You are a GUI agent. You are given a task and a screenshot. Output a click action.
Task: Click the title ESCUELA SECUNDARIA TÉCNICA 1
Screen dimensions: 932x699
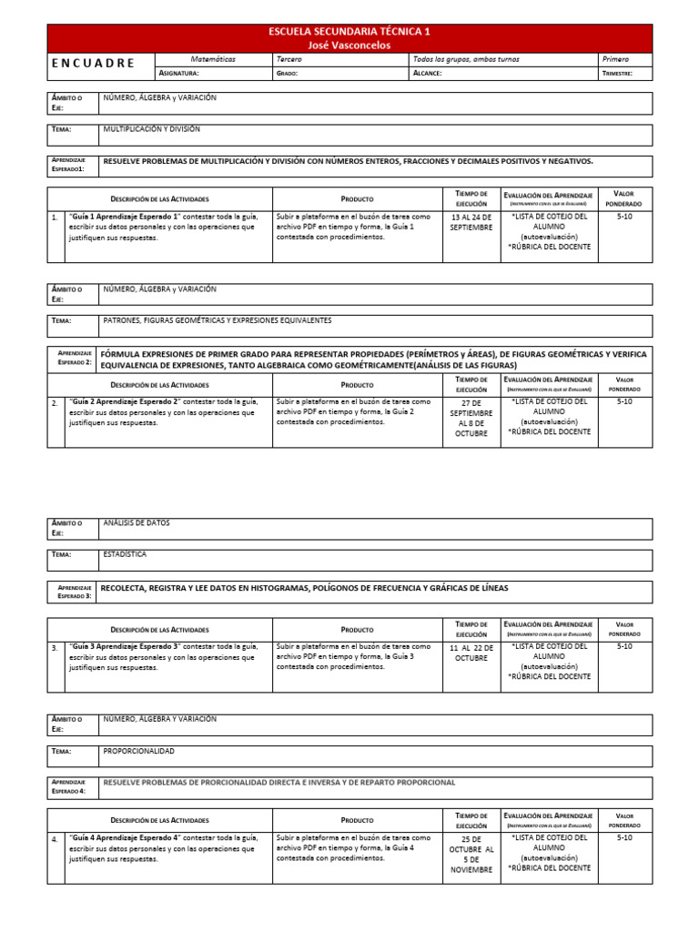[349, 31]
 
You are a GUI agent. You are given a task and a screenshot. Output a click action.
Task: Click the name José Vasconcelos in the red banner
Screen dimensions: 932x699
[349, 44]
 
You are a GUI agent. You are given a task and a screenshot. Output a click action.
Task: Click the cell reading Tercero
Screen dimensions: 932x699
[289, 59]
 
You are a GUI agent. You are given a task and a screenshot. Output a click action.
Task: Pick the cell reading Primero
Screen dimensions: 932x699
[615, 59]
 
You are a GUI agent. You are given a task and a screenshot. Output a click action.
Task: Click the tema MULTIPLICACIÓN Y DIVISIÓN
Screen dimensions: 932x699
[152, 130]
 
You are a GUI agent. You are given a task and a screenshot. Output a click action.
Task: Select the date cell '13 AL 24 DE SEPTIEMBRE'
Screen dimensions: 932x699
[471, 223]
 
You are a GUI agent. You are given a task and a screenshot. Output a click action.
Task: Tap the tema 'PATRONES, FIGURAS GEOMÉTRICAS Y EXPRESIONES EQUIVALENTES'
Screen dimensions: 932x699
[218, 321]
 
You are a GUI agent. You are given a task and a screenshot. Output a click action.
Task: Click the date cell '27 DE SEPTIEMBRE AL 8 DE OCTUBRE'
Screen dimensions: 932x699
[471, 418]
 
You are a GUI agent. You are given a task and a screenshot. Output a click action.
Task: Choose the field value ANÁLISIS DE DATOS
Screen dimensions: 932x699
[137, 523]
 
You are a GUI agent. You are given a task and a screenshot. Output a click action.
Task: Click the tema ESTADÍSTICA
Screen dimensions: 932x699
[125, 554]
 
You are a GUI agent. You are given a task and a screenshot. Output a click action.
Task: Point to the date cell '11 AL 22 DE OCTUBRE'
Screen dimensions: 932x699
[471, 652]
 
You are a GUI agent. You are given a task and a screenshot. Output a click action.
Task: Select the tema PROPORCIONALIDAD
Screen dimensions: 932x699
[139, 752]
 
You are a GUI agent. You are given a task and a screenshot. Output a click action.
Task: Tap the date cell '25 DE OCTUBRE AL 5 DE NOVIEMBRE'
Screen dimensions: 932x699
[471, 853]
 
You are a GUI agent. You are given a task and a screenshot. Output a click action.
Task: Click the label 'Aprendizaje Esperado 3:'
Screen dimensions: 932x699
[73, 592]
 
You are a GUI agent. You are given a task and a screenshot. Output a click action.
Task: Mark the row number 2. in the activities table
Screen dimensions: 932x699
[55, 402]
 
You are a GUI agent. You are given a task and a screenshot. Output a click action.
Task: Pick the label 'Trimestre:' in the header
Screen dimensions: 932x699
[617, 74]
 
